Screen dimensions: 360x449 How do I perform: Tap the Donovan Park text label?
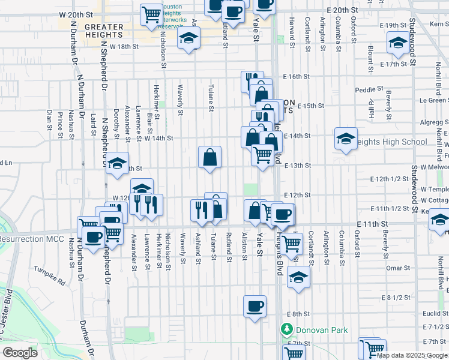click(325, 330)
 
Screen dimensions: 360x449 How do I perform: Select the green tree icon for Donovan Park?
click(287, 329)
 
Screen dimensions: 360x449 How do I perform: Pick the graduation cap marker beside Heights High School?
click(346, 139)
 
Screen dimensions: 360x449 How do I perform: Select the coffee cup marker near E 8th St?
click(255, 307)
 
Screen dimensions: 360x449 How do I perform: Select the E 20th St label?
click(342, 11)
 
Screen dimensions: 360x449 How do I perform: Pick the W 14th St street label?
click(158, 138)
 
